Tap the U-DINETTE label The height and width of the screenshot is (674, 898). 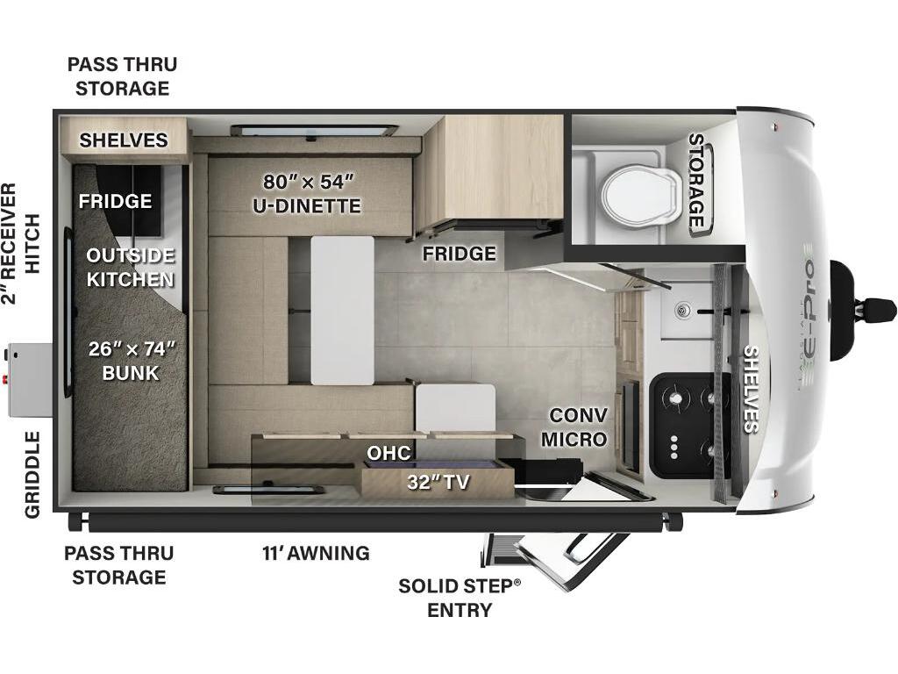(x=307, y=205)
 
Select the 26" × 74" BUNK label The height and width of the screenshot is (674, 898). (x=132, y=361)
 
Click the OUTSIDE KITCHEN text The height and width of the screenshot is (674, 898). (x=130, y=267)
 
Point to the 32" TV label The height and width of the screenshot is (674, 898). (x=438, y=482)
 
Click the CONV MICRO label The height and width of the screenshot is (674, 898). (x=574, y=427)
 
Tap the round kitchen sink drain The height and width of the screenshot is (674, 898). (x=682, y=311)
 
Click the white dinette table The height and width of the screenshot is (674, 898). (x=343, y=310)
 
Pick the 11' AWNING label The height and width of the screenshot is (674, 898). (x=316, y=553)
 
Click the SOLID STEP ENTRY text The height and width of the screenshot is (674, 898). (x=460, y=598)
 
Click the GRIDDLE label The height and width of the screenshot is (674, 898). (x=32, y=475)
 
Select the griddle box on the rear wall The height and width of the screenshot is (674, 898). (x=30, y=379)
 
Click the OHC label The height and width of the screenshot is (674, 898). (x=388, y=453)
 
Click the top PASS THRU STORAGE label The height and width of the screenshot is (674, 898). (x=123, y=76)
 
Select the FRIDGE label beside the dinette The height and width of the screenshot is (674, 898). (x=460, y=254)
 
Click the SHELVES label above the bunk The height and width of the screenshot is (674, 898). (x=124, y=140)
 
